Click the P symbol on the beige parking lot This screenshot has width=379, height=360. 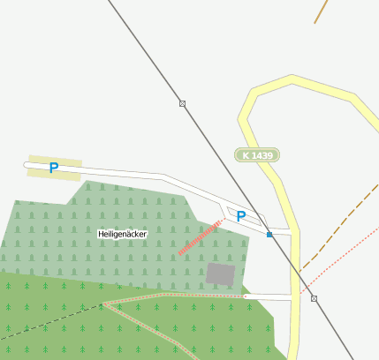point(54,168)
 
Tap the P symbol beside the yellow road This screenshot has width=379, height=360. point(240,215)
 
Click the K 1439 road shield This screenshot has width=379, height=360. point(257,155)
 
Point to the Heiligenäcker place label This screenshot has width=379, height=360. point(122,234)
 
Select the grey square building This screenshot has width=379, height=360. point(221,274)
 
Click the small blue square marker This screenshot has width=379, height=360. point(269,235)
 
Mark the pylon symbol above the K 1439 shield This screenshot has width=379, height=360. point(182,103)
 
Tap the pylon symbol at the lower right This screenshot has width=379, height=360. point(314,298)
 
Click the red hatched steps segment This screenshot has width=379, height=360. point(200,237)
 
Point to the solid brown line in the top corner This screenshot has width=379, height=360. point(321,11)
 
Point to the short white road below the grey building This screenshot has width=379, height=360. point(265,296)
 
